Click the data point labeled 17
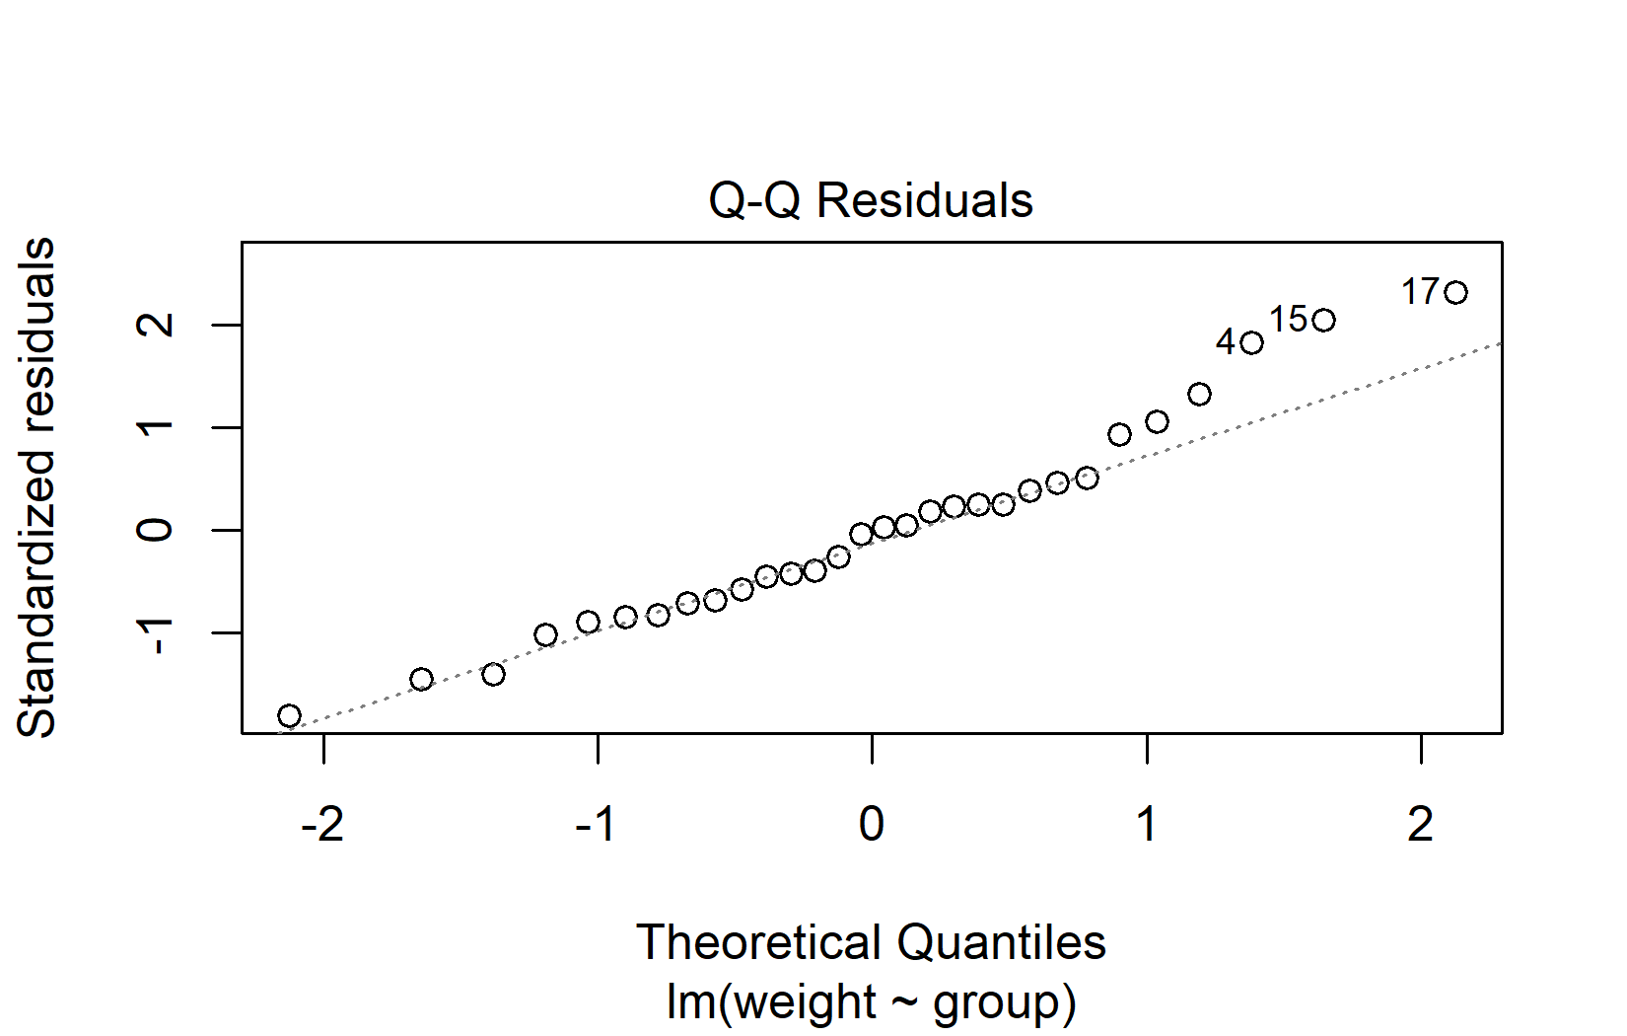[1455, 292]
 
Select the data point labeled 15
[1324, 320]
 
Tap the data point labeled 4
[1251, 343]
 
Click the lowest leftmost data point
[289, 715]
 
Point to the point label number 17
[1421, 292]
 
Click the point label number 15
[1288, 320]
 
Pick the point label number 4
[1226, 342]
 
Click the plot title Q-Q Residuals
[871, 201]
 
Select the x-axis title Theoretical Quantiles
[871, 942]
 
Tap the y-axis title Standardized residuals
[37, 487]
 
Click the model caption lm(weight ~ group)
[871, 1001]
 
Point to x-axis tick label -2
[322, 824]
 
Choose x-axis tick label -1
[597, 824]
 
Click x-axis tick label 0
[872, 824]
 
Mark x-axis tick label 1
[1146, 824]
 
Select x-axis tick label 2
[1421, 824]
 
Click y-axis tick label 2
[156, 325]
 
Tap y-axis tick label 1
[156, 427]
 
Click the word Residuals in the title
[925, 201]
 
